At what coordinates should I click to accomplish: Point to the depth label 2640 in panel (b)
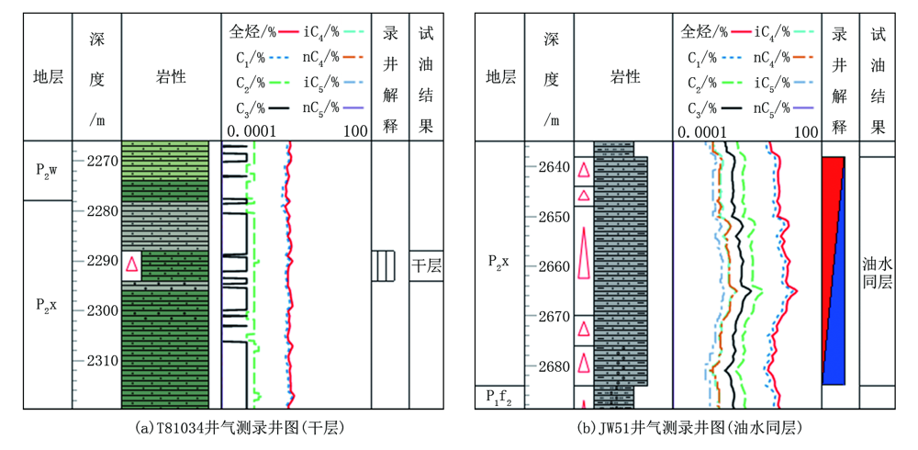(x=550, y=167)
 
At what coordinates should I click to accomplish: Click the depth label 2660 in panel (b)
(x=550, y=266)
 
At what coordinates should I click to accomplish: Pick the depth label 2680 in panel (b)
(x=550, y=366)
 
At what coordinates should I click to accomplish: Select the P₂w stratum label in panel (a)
(x=48, y=171)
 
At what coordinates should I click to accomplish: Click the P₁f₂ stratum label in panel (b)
(x=499, y=398)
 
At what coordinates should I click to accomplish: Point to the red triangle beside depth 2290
(x=132, y=264)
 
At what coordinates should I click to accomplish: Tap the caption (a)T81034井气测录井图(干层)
(x=239, y=428)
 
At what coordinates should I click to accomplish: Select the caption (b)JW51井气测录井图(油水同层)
(x=692, y=428)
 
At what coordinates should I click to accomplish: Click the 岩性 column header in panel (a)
(x=172, y=77)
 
